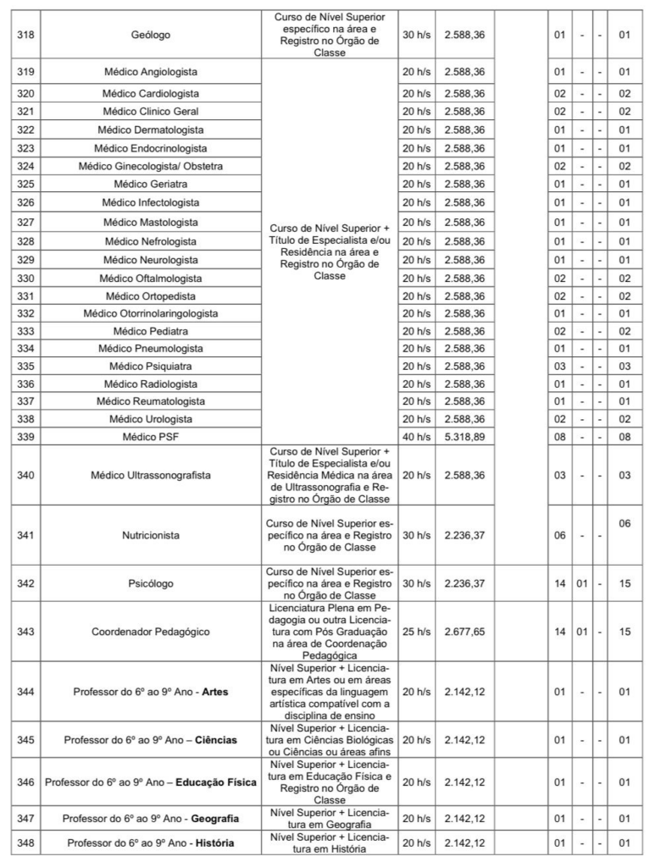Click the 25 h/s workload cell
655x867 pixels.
pos(415,632)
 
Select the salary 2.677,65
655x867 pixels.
pos(464,632)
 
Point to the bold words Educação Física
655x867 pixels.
pos(211,782)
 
